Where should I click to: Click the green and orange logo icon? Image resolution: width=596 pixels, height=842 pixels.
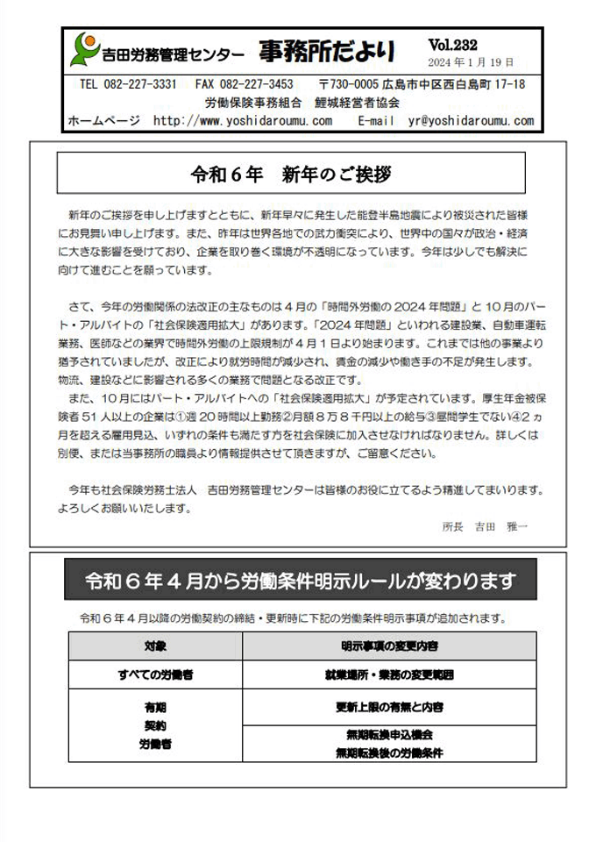pyautogui.click(x=85, y=49)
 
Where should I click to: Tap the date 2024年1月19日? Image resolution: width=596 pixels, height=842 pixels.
pyautogui.click(x=471, y=62)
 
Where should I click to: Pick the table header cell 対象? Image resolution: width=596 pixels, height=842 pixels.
pyautogui.click(x=155, y=646)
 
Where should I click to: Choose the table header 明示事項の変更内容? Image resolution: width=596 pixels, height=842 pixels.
pyautogui.click(x=390, y=646)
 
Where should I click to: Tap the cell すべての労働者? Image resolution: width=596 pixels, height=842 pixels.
pyautogui.click(x=155, y=675)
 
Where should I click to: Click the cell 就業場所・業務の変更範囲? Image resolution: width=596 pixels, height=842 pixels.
pyautogui.click(x=390, y=675)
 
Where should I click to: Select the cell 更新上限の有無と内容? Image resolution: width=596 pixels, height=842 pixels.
pyautogui.click(x=390, y=707)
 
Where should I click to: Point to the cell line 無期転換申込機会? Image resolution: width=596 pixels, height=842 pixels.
pyautogui.click(x=390, y=735)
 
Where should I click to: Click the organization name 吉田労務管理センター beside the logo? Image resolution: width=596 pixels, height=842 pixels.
pyautogui.click(x=174, y=55)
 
